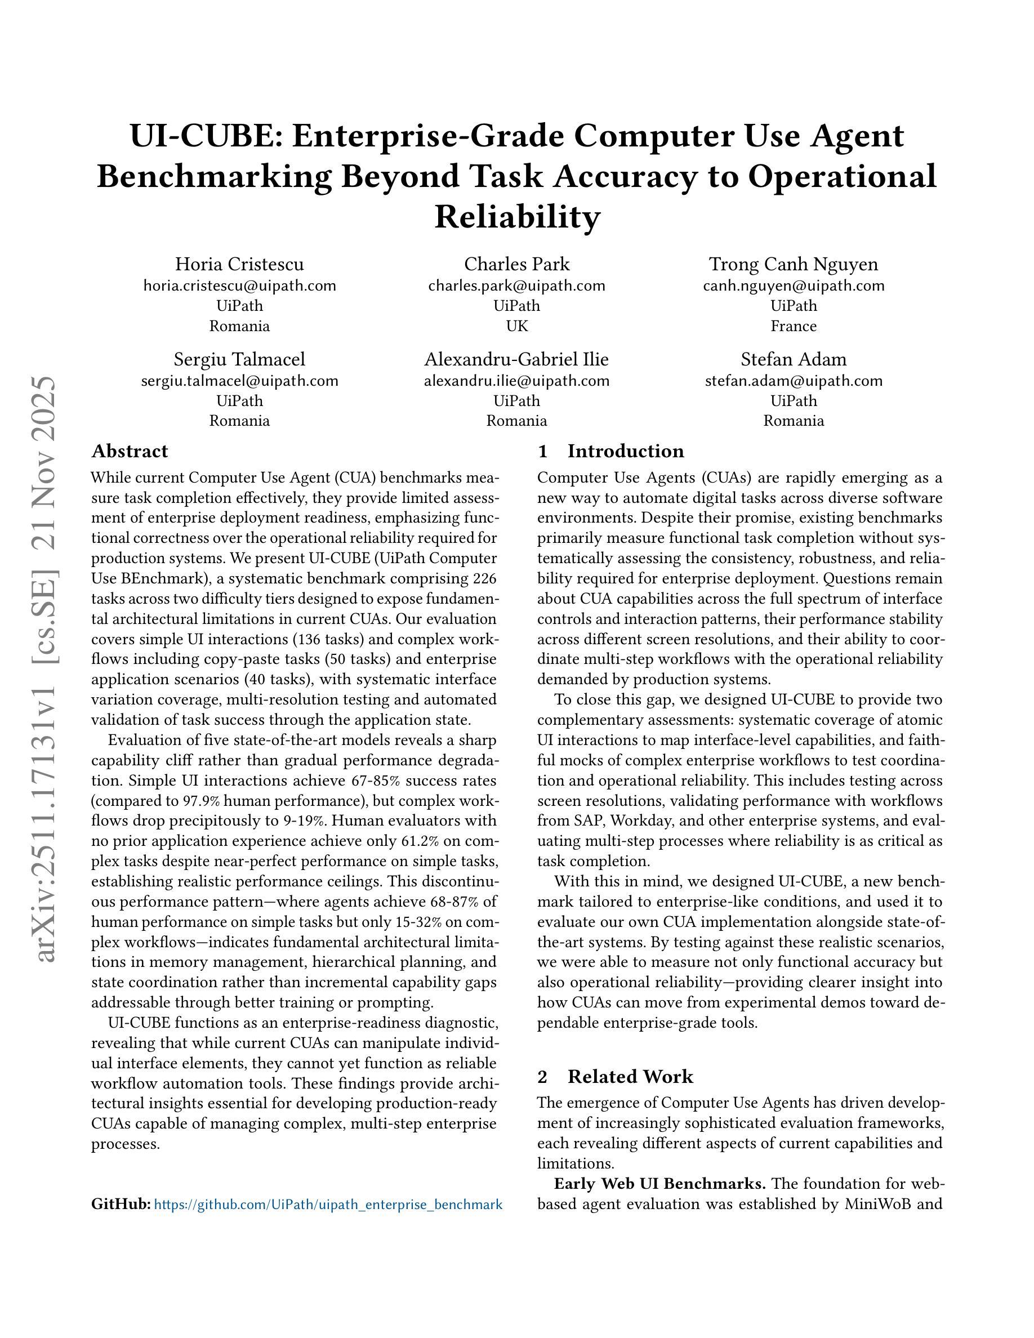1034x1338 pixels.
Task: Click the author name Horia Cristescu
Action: pyautogui.click(x=239, y=264)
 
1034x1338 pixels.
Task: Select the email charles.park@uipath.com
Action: pyautogui.click(x=516, y=286)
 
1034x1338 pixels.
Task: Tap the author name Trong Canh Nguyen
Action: pyautogui.click(x=794, y=264)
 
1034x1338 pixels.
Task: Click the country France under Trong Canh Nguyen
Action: pyautogui.click(x=794, y=326)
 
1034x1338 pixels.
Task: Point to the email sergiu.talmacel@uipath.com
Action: pyautogui.click(x=239, y=381)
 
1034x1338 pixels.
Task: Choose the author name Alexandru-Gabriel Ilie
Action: pyautogui.click(x=516, y=359)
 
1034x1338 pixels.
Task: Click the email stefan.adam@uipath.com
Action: pyautogui.click(x=794, y=381)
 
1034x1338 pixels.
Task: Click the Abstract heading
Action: pyautogui.click(x=130, y=451)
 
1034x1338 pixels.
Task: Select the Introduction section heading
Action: pyautogui.click(x=625, y=451)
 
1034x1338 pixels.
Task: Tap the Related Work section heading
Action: pyautogui.click(x=630, y=1076)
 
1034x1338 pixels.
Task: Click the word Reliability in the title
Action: pyautogui.click(x=516, y=216)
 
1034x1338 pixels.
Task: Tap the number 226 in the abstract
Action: pyautogui.click(x=484, y=578)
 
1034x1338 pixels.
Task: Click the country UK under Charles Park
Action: pyautogui.click(x=516, y=326)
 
